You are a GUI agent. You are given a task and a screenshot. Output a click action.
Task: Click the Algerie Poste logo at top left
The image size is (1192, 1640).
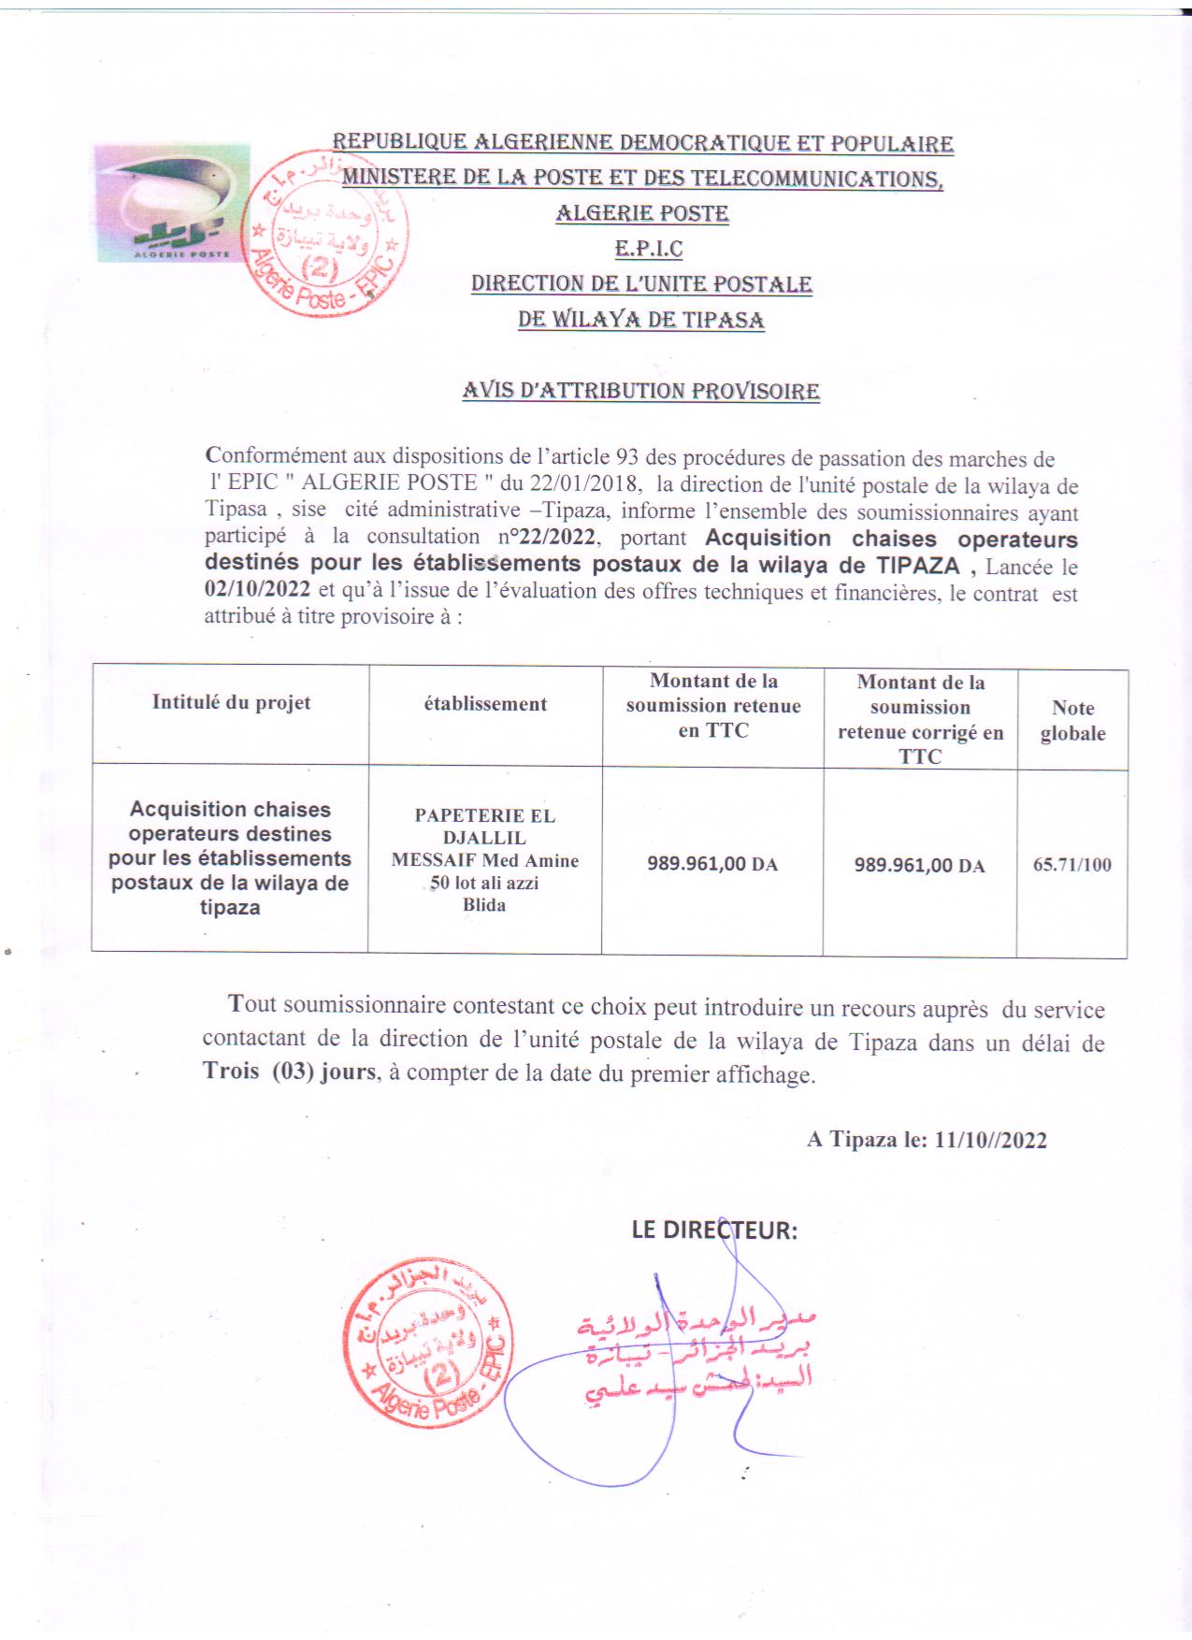tap(171, 203)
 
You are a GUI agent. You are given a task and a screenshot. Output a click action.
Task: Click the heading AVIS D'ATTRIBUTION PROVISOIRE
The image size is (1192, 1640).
tap(640, 391)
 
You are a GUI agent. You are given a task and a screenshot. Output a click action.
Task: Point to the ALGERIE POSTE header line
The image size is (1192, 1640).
tap(642, 213)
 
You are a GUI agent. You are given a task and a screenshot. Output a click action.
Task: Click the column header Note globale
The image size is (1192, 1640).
tap(1072, 720)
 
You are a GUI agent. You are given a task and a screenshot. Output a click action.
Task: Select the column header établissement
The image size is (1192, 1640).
tap(485, 704)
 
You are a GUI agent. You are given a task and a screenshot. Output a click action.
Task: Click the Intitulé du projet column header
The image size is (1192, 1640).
tap(231, 703)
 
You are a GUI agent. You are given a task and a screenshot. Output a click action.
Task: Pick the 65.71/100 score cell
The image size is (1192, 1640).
tap(1072, 864)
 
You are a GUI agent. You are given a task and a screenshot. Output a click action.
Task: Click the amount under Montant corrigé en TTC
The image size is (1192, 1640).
tap(919, 865)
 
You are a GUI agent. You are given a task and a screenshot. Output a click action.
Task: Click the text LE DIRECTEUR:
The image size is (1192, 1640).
tap(714, 1230)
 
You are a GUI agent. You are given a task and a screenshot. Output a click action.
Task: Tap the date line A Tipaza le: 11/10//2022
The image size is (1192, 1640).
tap(926, 1139)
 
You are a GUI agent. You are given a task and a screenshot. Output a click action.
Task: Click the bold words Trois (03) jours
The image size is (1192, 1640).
tap(290, 1072)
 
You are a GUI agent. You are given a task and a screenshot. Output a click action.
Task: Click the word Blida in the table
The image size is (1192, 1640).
tap(484, 904)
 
